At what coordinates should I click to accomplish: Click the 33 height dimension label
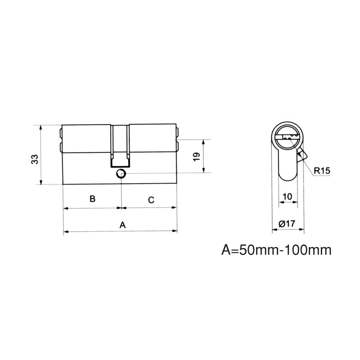click(35, 159)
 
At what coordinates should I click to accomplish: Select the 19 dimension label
click(197, 157)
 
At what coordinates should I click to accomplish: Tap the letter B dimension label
click(92, 198)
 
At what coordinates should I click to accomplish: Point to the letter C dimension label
click(151, 200)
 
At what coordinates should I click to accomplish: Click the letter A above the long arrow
click(122, 225)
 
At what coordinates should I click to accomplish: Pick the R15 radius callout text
click(322, 171)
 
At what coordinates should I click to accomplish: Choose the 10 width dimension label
click(287, 197)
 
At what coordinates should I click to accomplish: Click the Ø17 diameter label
click(287, 223)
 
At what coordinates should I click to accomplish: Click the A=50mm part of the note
click(250, 250)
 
